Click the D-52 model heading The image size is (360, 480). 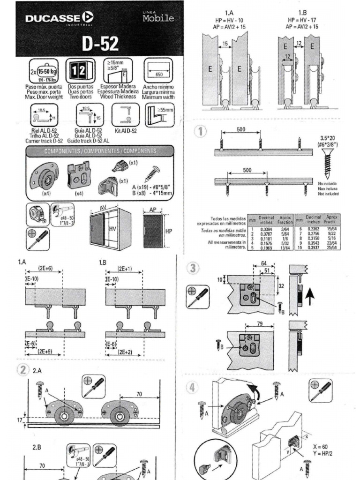point(100,44)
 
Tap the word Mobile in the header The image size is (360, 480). point(158,18)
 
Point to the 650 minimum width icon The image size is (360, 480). point(158,71)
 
